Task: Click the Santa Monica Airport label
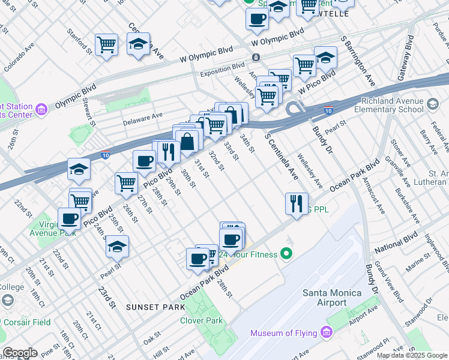(x=332, y=298)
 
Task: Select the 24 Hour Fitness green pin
(x=287, y=254)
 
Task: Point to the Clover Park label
(x=201, y=320)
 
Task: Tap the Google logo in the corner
(x=19, y=353)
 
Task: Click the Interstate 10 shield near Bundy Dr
(x=328, y=110)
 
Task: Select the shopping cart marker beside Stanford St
(x=106, y=44)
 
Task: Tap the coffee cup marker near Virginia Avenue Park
(x=70, y=219)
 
